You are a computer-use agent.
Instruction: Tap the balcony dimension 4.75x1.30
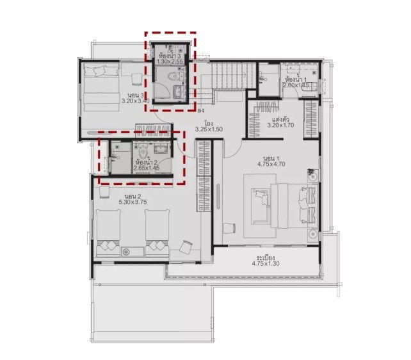267,263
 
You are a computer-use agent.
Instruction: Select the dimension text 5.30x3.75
133,202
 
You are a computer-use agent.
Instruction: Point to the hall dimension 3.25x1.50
209,129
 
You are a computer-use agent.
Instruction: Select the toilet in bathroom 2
141,152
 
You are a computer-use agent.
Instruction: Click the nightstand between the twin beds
132,251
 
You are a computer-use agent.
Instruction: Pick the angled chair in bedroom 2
186,247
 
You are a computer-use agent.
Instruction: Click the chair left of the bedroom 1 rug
228,227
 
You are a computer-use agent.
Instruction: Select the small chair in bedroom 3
136,78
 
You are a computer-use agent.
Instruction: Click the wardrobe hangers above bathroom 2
153,131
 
